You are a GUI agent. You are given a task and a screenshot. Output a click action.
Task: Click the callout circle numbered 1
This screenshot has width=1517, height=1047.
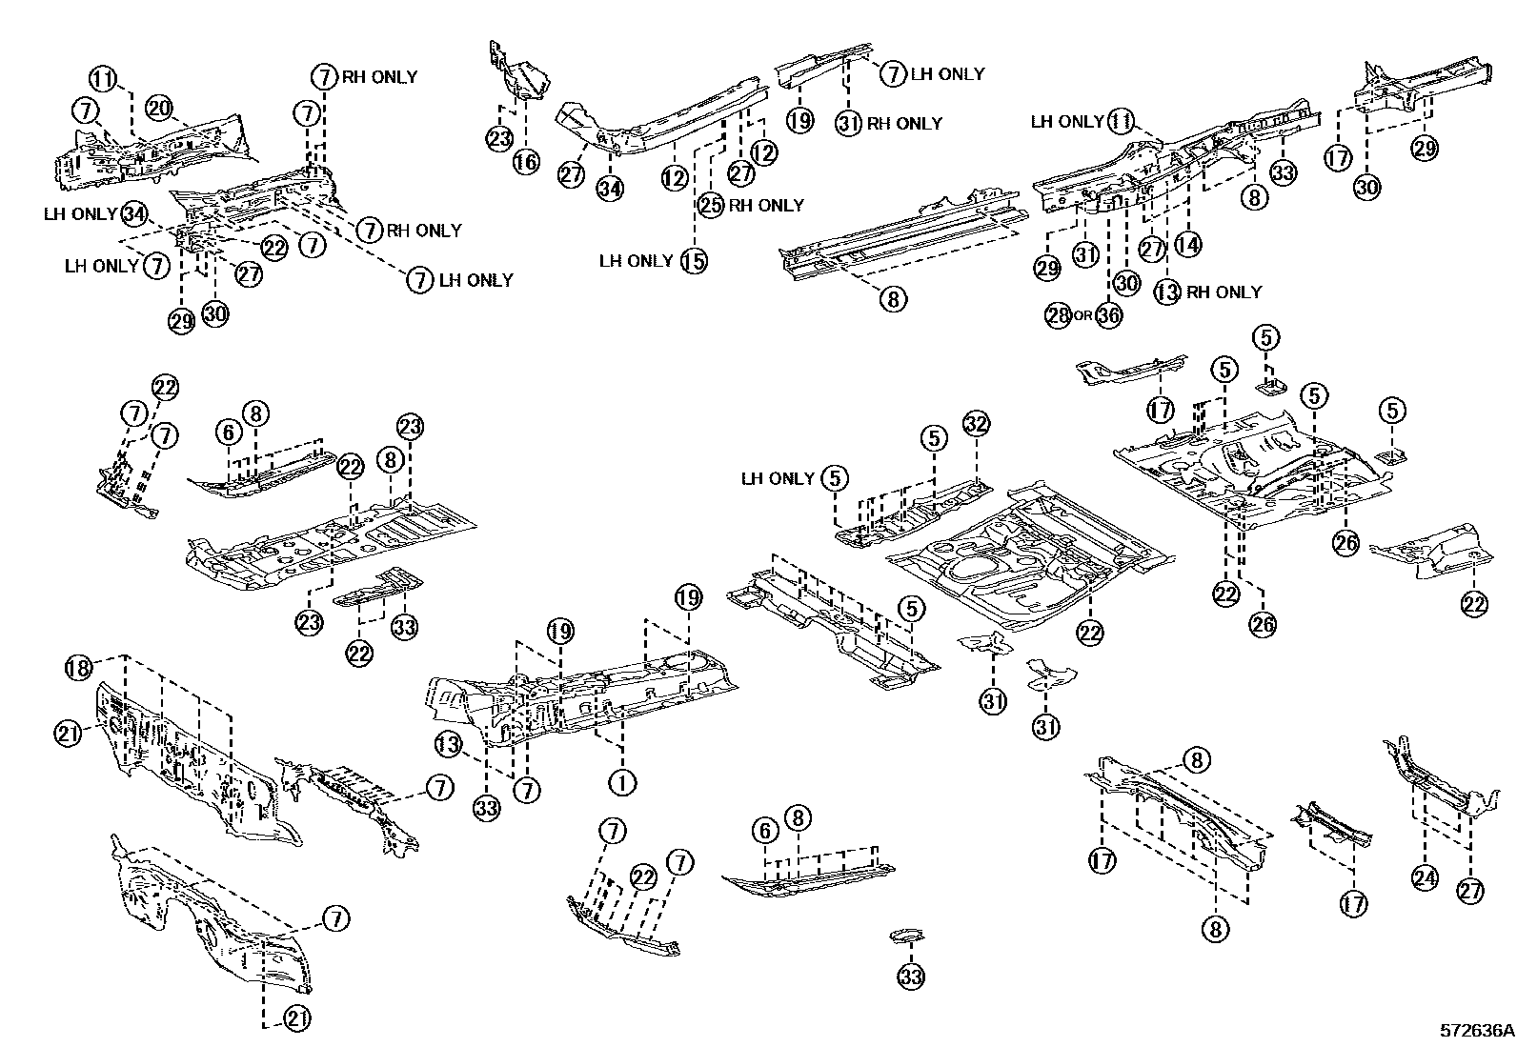pyautogui.click(x=622, y=783)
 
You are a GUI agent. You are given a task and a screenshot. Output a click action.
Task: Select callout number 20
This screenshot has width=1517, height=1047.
pyautogui.click(x=160, y=109)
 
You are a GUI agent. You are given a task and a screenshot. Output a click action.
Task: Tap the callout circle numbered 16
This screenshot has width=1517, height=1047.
pyautogui.click(x=526, y=162)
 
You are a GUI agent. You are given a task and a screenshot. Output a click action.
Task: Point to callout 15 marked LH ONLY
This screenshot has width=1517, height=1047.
pyautogui.click(x=694, y=261)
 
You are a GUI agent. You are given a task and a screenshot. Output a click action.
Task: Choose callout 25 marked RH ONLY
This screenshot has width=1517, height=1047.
pyautogui.click(x=711, y=205)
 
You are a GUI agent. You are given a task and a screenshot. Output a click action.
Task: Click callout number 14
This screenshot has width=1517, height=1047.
pyautogui.click(x=1188, y=245)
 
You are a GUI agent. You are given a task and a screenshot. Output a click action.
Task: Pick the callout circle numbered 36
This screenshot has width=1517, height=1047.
pyautogui.click(x=1108, y=315)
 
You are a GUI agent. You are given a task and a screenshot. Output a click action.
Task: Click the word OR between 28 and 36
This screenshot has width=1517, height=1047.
pyautogui.click(x=1083, y=315)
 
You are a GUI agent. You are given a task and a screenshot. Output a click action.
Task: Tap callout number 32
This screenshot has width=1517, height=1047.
pyautogui.click(x=976, y=424)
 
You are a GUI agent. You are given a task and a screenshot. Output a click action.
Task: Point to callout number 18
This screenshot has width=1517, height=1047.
pyautogui.click(x=78, y=669)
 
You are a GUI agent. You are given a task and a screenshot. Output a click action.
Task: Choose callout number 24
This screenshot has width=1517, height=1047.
pyautogui.click(x=1425, y=879)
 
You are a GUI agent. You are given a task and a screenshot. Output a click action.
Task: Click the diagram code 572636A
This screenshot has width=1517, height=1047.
pyautogui.click(x=1476, y=1031)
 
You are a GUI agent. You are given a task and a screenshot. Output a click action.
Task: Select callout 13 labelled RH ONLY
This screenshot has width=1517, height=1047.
pyautogui.click(x=1167, y=292)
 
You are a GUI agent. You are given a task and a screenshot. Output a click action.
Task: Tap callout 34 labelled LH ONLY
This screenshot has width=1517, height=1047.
pyautogui.click(x=134, y=214)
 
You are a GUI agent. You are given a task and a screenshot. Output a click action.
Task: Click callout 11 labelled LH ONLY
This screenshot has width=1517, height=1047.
pyautogui.click(x=1121, y=122)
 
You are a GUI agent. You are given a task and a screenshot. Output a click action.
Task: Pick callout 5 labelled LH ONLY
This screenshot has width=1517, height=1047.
pyautogui.click(x=835, y=479)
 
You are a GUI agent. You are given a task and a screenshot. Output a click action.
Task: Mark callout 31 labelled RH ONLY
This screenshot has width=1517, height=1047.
pyautogui.click(x=848, y=123)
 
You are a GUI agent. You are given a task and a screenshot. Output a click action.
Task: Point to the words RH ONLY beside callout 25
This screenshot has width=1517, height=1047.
pyautogui.click(x=766, y=205)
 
